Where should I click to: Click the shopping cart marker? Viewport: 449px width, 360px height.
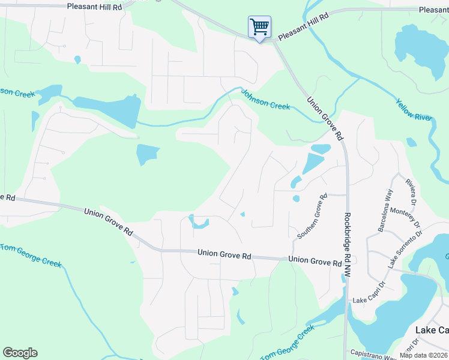[259, 27]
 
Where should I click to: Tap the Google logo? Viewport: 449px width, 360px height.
[20, 353]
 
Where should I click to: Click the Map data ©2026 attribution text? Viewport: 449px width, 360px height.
[424, 355]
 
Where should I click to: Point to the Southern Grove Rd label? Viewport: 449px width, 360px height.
[312, 216]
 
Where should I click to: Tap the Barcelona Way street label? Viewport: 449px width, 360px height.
[385, 211]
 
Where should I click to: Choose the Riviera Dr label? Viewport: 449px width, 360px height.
[411, 191]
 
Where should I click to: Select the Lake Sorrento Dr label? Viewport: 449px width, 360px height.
[402, 250]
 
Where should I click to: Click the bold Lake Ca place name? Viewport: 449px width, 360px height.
[432, 330]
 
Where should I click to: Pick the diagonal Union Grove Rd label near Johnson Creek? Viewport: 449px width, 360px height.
[324, 119]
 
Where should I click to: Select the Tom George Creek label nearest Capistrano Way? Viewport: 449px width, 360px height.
[288, 344]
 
